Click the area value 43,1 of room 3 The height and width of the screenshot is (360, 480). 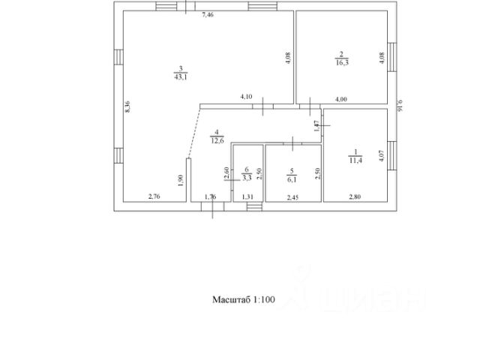pos(181,76)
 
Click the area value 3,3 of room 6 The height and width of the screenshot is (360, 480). pos(247,178)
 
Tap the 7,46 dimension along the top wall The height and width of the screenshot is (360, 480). pos(208,14)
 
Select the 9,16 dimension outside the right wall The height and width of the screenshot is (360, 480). pos(400,106)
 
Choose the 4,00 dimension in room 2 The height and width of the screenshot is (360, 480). pos(341,98)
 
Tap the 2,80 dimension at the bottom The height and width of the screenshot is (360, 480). pos(354,196)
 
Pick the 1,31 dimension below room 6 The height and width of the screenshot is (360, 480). pos(248,196)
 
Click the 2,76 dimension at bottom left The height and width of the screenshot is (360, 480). pos(154,196)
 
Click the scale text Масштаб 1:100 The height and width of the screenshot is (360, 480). pos(244,299)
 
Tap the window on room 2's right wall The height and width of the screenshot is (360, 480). pos(391,55)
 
